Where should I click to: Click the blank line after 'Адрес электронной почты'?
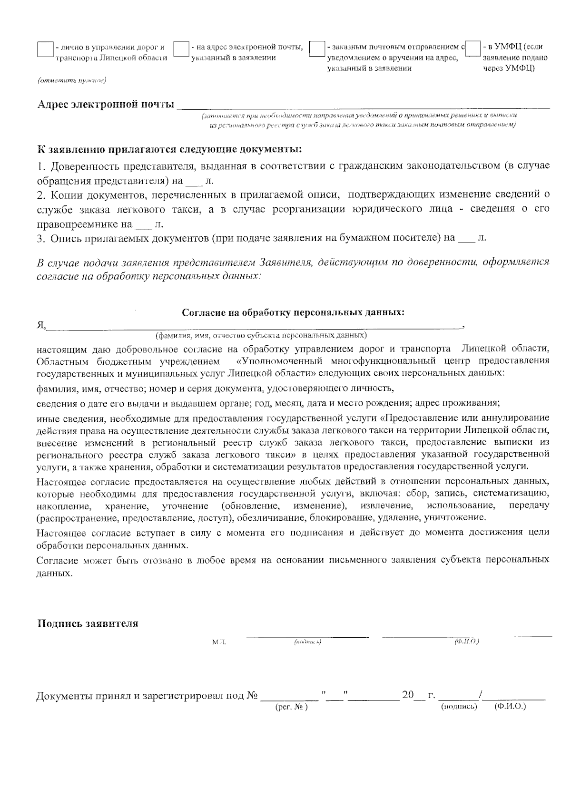[364, 107]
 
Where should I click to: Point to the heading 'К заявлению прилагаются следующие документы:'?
[169, 149]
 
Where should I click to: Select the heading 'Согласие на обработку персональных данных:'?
[294, 313]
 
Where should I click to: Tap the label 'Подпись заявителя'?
[88, 624]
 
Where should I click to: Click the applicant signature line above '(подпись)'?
[307, 635]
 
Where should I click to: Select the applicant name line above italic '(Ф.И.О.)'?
[466, 635]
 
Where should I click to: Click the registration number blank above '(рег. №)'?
[289, 699]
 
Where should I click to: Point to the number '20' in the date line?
[408, 695]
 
